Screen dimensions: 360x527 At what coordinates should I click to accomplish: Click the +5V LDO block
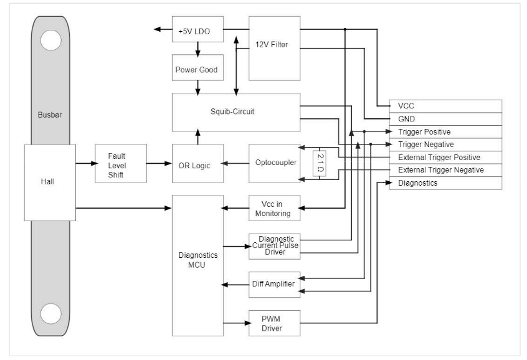click(197, 29)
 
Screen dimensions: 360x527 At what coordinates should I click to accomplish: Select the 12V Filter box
click(274, 48)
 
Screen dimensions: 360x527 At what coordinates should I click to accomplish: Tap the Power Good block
click(197, 69)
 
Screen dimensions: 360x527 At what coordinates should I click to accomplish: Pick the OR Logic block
click(197, 164)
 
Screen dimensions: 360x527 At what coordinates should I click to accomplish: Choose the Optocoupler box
click(274, 164)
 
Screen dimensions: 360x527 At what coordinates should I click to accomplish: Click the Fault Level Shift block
click(121, 164)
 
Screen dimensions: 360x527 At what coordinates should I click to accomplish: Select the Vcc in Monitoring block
click(274, 208)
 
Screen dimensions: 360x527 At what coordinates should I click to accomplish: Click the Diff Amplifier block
click(274, 284)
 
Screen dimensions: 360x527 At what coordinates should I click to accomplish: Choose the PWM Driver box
click(274, 323)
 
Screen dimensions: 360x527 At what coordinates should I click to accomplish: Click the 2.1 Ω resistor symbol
click(318, 164)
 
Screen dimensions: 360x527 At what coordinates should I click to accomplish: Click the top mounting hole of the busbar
click(50, 40)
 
